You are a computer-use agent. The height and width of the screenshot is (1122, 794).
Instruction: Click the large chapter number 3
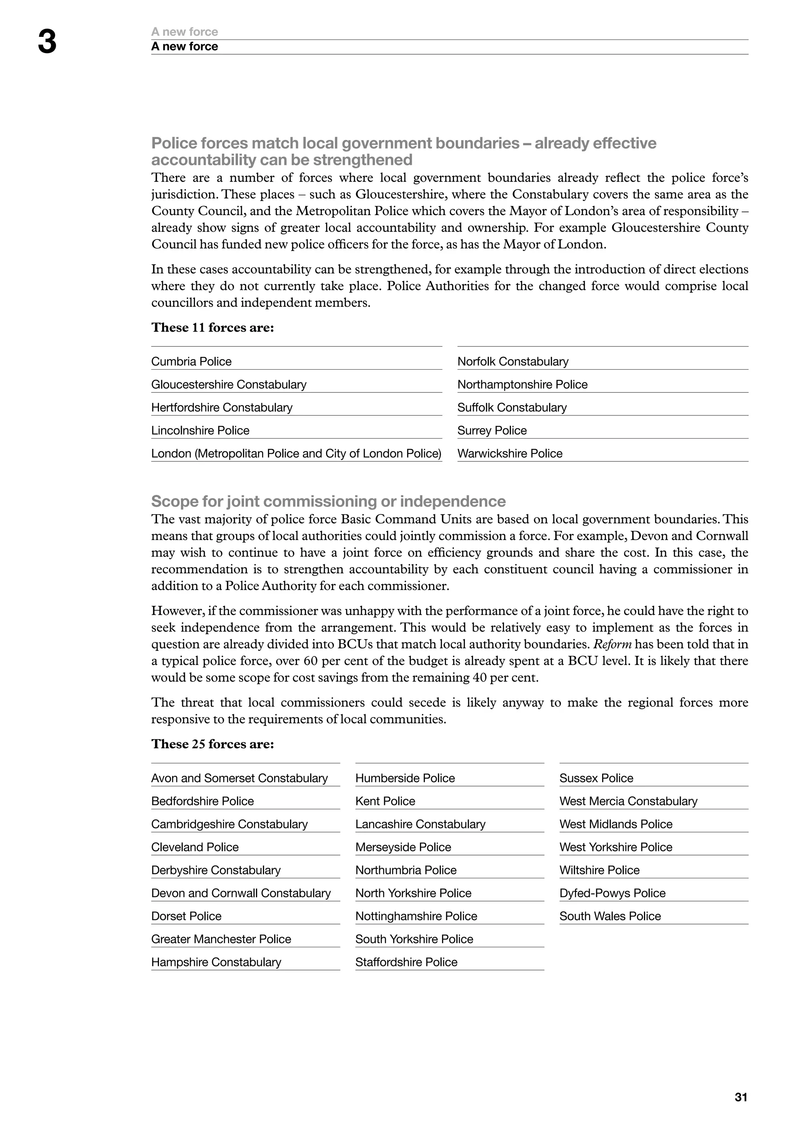[x=47, y=43]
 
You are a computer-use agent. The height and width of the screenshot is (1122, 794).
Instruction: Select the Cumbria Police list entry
[x=191, y=361]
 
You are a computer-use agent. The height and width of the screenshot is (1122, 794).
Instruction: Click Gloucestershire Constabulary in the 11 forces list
[x=228, y=385]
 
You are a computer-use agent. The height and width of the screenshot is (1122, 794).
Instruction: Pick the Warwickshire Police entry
[x=509, y=454]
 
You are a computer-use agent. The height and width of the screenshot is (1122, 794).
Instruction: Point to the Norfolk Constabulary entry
[x=513, y=361]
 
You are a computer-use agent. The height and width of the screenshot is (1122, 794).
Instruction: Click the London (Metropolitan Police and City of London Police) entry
[x=296, y=454]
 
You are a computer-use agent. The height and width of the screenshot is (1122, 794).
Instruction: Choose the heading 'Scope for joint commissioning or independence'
[x=328, y=501]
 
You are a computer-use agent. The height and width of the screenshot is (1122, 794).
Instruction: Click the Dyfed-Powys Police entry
[x=612, y=893]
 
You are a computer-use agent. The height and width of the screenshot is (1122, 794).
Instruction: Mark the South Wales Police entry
[x=610, y=916]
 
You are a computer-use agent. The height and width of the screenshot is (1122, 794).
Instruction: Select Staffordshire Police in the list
[x=406, y=962]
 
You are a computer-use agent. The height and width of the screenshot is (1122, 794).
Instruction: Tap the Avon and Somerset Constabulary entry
[x=239, y=778]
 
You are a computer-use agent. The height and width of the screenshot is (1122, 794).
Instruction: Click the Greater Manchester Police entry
[x=221, y=939]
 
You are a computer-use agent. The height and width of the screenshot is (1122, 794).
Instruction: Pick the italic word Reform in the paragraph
[x=612, y=644]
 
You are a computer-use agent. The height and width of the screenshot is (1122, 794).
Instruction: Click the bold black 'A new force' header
[x=184, y=46]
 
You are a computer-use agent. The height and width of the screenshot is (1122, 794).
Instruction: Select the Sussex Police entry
[x=596, y=778]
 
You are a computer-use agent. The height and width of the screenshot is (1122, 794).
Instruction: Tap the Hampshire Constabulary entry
[x=216, y=962]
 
